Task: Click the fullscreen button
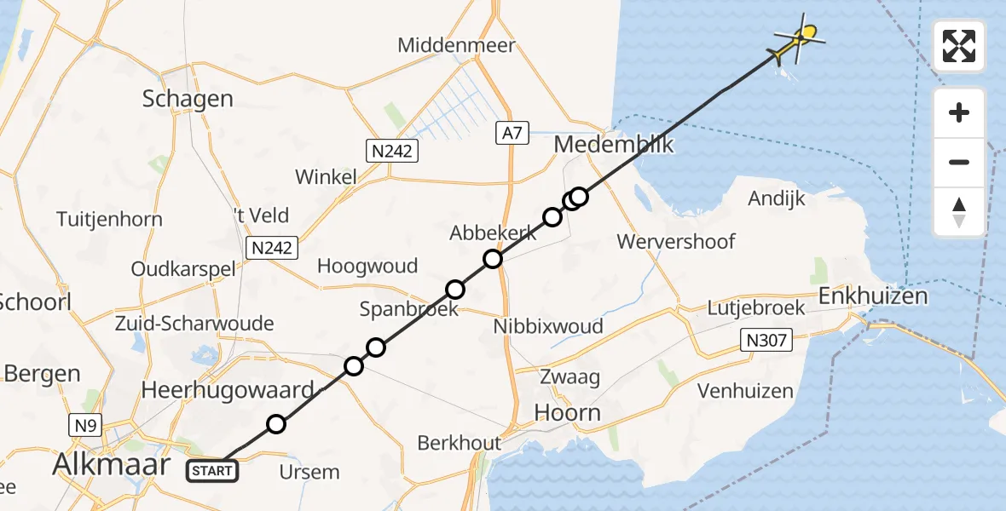point(959,46)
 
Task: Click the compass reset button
point(959,212)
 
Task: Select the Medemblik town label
point(614,145)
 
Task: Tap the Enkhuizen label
point(872,296)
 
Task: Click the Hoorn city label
point(567,413)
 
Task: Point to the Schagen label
point(188,99)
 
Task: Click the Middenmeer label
point(456,45)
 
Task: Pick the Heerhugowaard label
point(227,391)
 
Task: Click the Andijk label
point(777,198)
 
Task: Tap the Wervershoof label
point(676,241)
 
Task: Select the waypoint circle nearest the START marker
point(275,423)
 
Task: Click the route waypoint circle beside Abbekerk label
point(493,259)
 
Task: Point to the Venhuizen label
point(745,392)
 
